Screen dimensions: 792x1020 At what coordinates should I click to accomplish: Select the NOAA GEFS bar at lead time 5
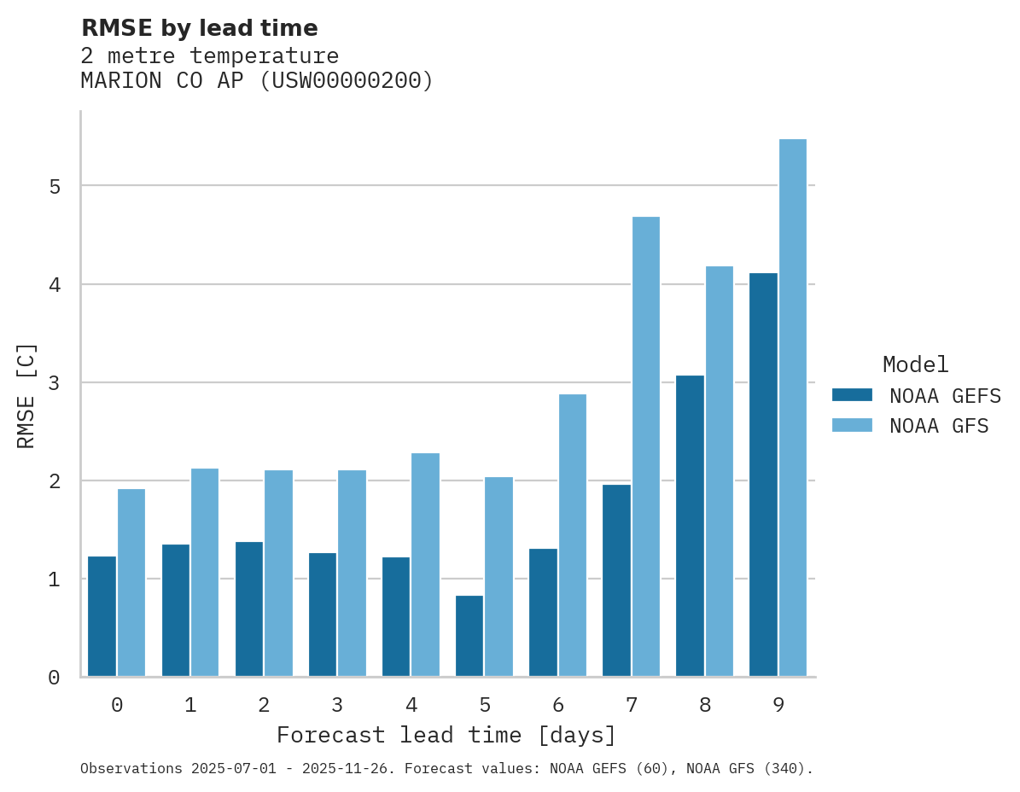469,636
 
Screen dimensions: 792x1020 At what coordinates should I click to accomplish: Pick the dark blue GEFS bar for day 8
690,526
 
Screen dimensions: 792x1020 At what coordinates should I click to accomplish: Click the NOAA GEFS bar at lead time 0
102,616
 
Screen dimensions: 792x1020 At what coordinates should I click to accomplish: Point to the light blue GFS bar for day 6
572,535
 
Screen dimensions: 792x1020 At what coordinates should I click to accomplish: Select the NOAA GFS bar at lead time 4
425,564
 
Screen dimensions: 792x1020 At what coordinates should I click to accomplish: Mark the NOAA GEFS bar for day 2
249,609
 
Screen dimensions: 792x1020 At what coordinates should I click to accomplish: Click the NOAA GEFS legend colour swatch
852,395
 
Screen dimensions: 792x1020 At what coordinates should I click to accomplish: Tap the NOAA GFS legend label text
939,426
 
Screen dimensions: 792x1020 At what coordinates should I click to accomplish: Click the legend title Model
915,365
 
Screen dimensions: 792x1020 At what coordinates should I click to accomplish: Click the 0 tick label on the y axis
54,678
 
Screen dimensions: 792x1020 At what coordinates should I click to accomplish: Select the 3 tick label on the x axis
337,705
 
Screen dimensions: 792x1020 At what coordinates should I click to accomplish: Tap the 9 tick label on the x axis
778,705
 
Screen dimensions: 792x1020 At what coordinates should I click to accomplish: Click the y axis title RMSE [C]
26,395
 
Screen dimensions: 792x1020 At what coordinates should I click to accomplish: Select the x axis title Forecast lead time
446,735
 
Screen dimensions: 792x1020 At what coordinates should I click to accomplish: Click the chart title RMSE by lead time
199,28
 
